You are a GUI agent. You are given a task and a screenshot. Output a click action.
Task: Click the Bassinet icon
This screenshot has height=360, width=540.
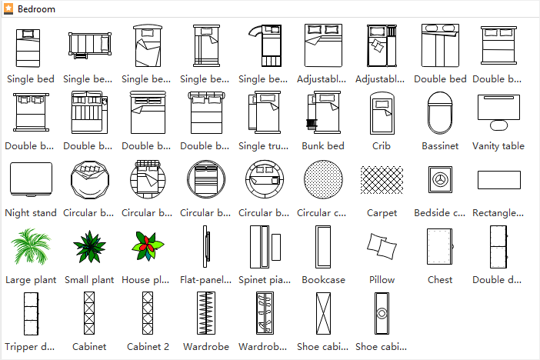pyautogui.click(x=440, y=112)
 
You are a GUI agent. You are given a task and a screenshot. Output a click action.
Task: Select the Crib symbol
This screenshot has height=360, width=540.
pyautogui.click(x=382, y=112)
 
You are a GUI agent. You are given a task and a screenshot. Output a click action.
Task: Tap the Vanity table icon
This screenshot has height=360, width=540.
pyautogui.click(x=498, y=112)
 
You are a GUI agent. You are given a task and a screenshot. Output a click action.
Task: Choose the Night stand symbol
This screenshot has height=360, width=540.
pyautogui.click(x=31, y=179)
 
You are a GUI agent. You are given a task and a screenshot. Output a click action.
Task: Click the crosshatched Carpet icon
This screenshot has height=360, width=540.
pyautogui.click(x=382, y=180)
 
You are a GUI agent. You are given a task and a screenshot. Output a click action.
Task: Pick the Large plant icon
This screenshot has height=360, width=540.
pyautogui.click(x=31, y=246)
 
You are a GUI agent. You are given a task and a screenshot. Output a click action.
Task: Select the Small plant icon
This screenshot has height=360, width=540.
pyautogui.click(x=89, y=247)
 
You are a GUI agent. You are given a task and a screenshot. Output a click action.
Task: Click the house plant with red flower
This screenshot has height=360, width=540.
pyautogui.click(x=148, y=246)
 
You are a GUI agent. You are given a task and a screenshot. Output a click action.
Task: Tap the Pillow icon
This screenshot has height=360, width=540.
pyautogui.click(x=382, y=245)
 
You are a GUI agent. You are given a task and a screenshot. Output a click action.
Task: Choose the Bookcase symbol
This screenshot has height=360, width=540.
pyautogui.click(x=323, y=247)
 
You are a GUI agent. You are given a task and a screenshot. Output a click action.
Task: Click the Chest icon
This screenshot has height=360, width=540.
pyautogui.click(x=440, y=246)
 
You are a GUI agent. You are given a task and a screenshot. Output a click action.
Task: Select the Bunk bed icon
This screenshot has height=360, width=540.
pyautogui.click(x=323, y=112)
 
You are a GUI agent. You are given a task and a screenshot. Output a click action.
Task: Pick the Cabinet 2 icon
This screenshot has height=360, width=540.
pyautogui.click(x=148, y=313)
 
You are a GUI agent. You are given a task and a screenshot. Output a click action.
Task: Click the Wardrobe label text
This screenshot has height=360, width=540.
pyautogui.click(x=206, y=347)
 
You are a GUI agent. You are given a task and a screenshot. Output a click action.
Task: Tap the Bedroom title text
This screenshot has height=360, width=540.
pyautogui.click(x=36, y=9)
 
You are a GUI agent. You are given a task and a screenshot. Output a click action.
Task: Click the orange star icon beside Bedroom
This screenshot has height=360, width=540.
pyautogui.click(x=8, y=8)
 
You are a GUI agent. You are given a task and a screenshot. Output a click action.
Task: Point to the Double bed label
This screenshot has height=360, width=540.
pyautogui.click(x=440, y=79)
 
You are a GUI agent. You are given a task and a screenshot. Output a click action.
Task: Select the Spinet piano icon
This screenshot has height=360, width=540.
pyautogui.click(x=265, y=247)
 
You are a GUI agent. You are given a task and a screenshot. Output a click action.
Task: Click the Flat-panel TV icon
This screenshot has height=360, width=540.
pyautogui.click(x=205, y=247)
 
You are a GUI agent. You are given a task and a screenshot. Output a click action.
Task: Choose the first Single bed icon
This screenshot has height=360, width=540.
pyautogui.click(x=28, y=48)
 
